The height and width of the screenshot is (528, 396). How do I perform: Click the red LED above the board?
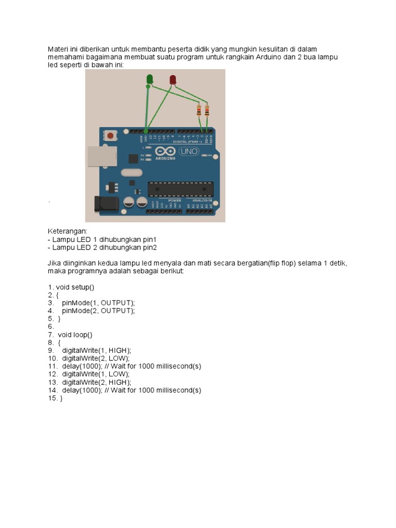173,79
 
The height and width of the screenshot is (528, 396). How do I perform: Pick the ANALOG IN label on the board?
202,200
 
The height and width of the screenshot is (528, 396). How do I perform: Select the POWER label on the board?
174,200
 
